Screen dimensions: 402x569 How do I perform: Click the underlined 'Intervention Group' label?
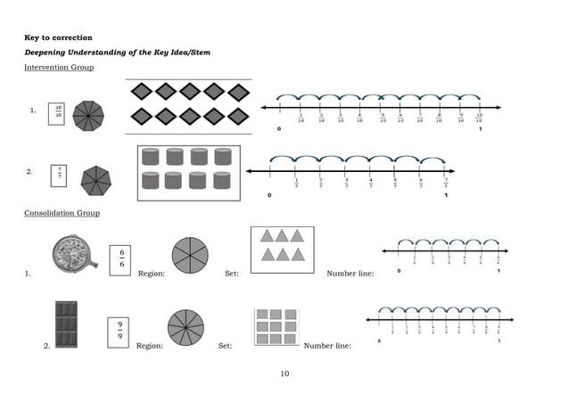(x=59, y=68)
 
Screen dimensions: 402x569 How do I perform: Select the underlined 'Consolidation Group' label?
(x=62, y=213)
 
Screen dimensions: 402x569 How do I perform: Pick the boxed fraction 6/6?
(x=120, y=258)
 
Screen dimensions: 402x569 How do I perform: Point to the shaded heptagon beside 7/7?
(x=97, y=180)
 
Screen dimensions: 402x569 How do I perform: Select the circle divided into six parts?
(x=189, y=254)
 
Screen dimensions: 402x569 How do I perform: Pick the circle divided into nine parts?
(x=186, y=327)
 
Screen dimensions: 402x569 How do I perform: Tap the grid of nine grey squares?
(x=276, y=326)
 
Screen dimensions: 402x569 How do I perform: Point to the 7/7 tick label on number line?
(x=446, y=184)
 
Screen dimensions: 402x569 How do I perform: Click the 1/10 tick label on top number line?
(x=301, y=119)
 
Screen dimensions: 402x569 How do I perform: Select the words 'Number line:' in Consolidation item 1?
(x=350, y=274)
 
